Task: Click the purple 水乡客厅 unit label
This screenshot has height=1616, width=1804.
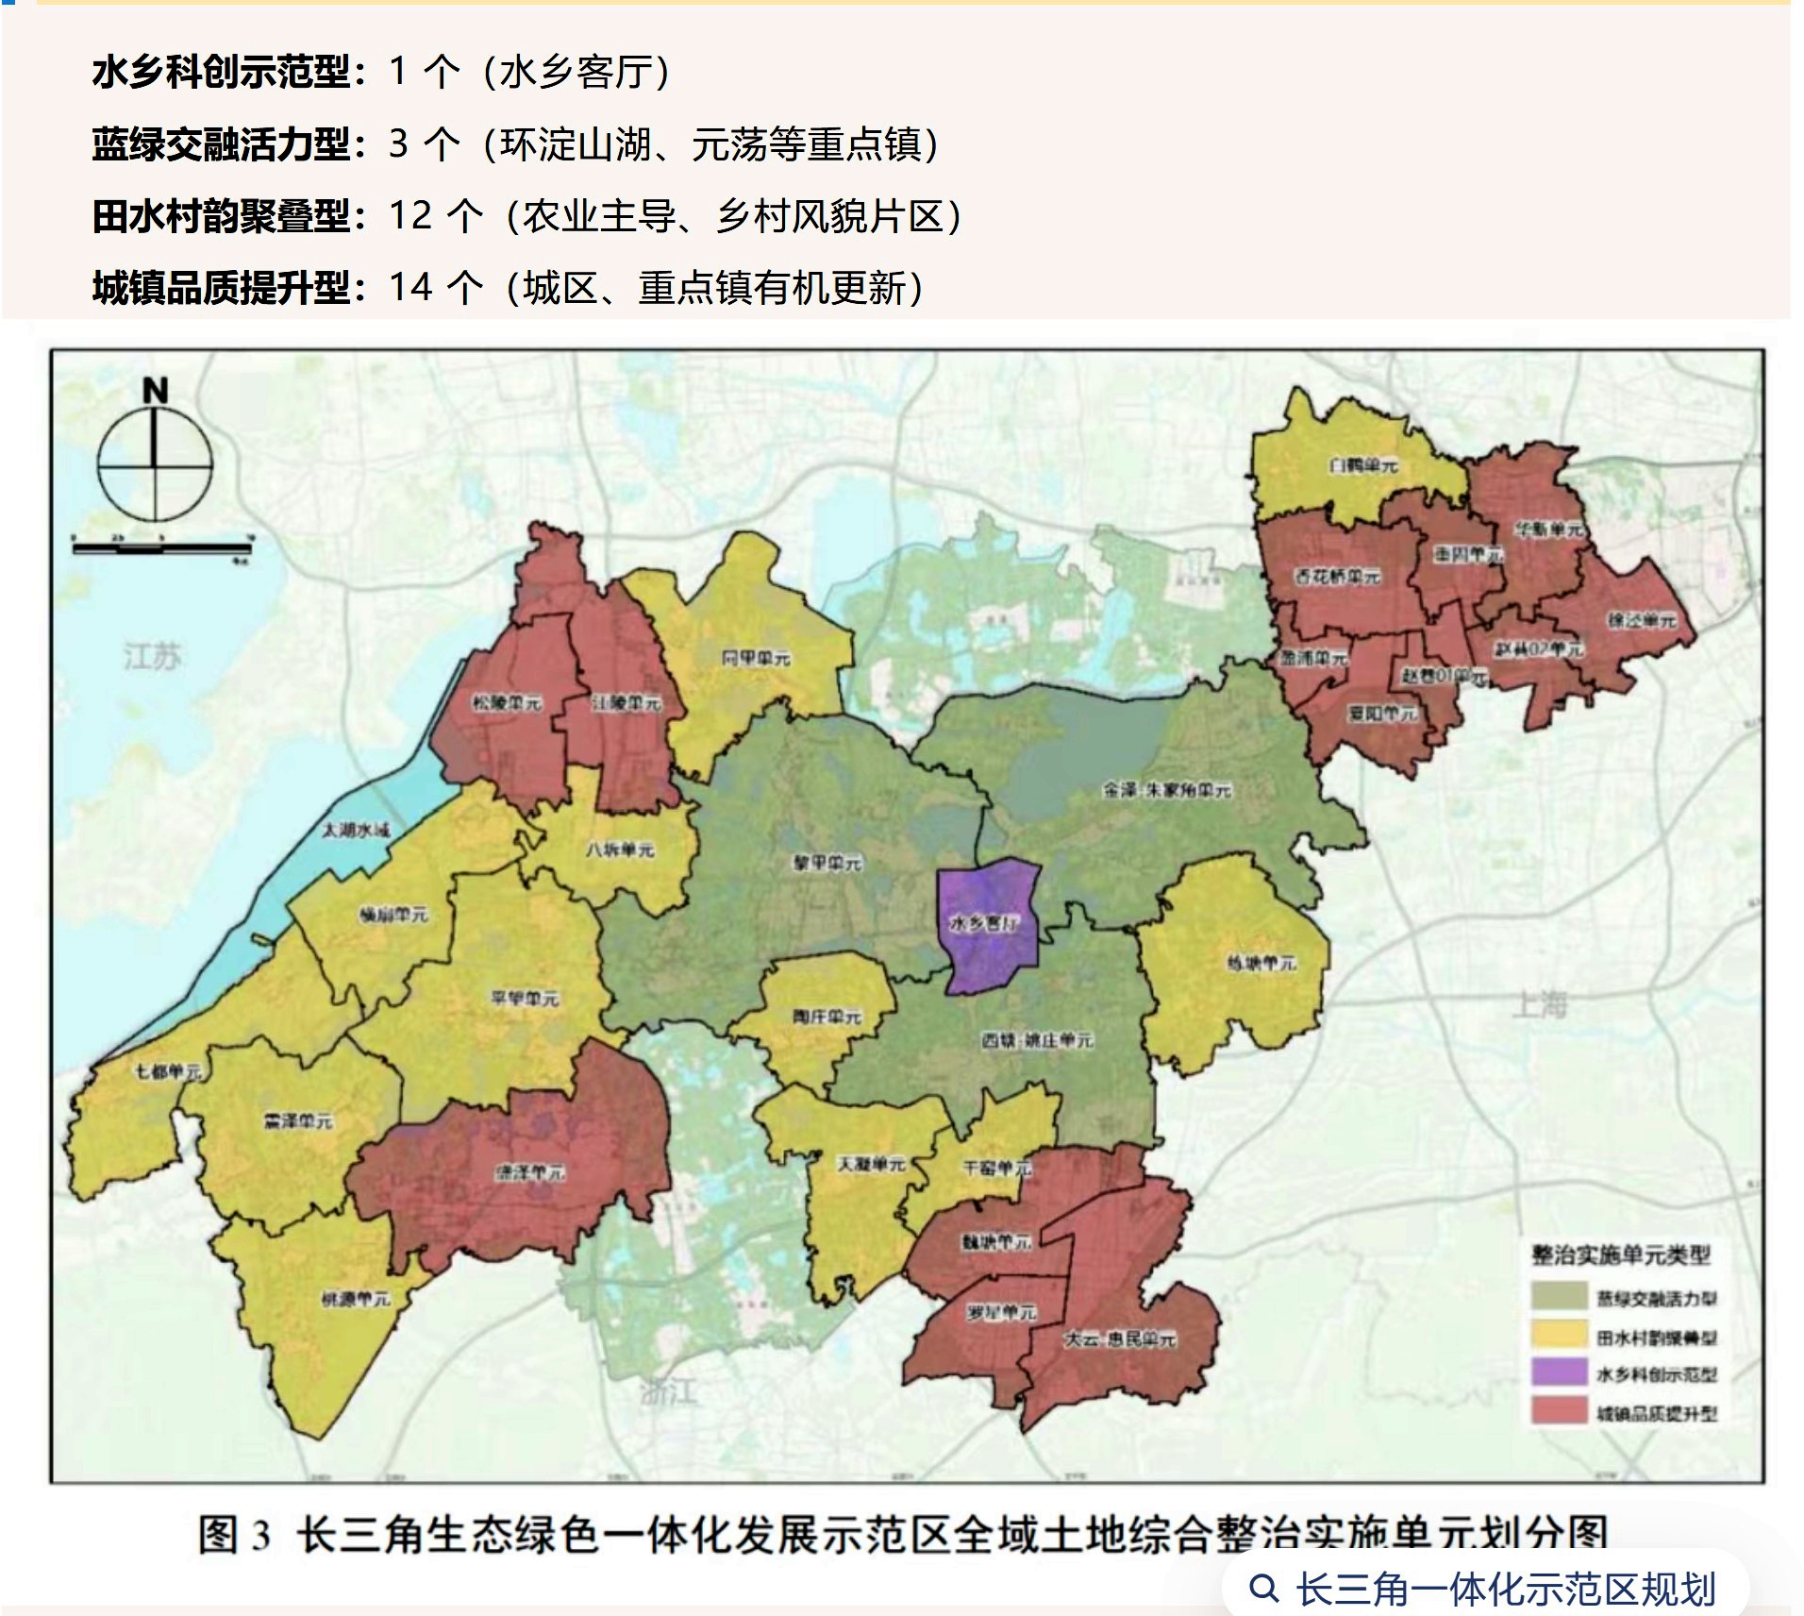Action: pyautogui.click(x=984, y=924)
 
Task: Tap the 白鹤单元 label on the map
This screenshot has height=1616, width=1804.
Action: pyautogui.click(x=1362, y=465)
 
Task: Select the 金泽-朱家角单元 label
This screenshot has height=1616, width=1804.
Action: pyautogui.click(x=1167, y=790)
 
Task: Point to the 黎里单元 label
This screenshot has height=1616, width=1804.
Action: pyautogui.click(x=827, y=863)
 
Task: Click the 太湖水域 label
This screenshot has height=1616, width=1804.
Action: pyautogui.click(x=355, y=830)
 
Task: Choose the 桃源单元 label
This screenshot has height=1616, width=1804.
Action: pyautogui.click(x=355, y=1299)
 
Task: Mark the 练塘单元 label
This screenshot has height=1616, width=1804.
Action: pyautogui.click(x=1261, y=963)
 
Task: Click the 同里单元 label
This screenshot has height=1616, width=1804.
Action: pyautogui.click(x=756, y=658)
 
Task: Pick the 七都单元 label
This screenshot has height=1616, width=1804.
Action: pyautogui.click(x=168, y=1072)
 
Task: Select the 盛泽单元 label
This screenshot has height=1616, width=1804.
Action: pyautogui.click(x=530, y=1172)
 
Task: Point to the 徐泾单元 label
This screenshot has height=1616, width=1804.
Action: pyautogui.click(x=1642, y=620)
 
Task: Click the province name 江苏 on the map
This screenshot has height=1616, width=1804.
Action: pyautogui.click(x=152, y=655)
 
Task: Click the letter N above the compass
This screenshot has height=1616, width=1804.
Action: pyautogui.click(x=155, y=390)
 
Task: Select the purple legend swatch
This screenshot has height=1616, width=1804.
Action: pyautogui.click(x=1558, y=1372)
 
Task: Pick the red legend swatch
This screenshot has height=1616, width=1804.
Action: pyautogui.click(x=1558, y=1411)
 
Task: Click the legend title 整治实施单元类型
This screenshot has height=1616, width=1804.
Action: pyautogui.click(x=1620, y=1254)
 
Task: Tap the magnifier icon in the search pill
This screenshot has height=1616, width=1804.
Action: pyautogui.click(x=1262, y=1589)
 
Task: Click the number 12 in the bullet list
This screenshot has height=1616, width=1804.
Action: pyautogui.click(x=410, y=216)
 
